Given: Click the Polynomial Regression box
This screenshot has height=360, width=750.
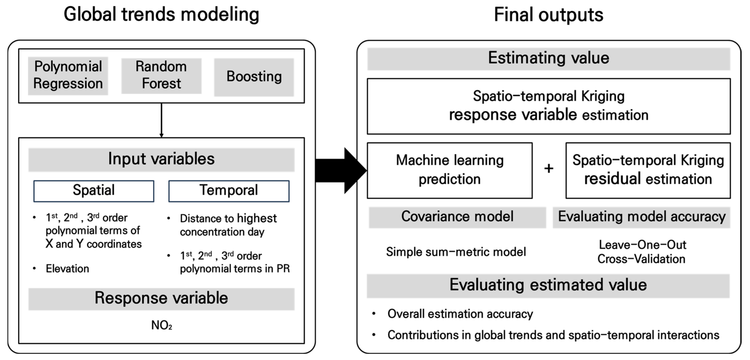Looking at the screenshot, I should coord(68,75).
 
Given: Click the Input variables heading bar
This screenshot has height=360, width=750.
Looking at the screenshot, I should coord(161,159).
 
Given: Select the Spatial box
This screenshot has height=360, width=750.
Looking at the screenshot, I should coord(93,191).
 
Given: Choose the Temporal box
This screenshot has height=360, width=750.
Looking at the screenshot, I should coord(229,191).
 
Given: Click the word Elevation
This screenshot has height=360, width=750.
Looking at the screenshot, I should coord(67,269).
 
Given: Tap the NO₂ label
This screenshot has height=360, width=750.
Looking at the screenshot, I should coord(162,325).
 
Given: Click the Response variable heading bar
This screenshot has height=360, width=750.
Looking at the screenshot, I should coord(161,299).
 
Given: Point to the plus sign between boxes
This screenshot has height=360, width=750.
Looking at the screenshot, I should coord(549,168).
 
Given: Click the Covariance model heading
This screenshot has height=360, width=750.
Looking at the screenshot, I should coord(457,217).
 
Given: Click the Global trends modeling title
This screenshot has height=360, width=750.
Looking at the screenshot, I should coord(161,14).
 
